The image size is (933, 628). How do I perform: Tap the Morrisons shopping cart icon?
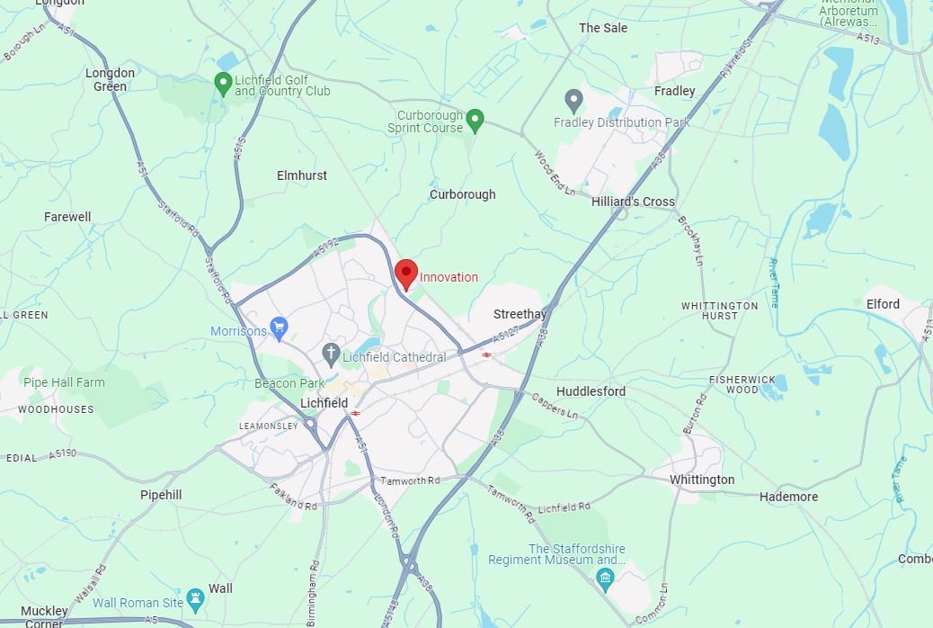click(x=279, y=328)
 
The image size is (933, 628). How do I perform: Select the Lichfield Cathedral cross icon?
click(x=331, y=354)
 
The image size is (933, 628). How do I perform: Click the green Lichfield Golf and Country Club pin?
click(x=223, y=85)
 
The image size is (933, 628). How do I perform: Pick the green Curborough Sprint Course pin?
click(x=475, y=120)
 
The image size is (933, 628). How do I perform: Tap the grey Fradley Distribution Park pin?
click(x=573, y=101)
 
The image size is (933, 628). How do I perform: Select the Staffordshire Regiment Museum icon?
click(x=606, y=577)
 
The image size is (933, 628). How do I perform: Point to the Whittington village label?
click(x=702, y=480)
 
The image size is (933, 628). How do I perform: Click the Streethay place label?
click(x=520, y=314)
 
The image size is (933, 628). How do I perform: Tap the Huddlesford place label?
click(x=591, y=391)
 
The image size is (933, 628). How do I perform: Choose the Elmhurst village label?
click(x=302, y=175)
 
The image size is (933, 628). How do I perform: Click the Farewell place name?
click(x=67, y=217)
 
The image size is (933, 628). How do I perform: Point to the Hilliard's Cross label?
click(x=633, y=202)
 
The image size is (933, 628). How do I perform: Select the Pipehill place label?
click(x=161, y=495)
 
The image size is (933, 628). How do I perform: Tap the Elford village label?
click(x=883, y=304)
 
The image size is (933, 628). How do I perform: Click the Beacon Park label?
click(x=289, y=383)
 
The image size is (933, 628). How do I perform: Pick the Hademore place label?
click(x=788, y=497)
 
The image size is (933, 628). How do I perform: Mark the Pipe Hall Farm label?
click(x=64, y=382)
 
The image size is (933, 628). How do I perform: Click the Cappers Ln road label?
click(x=555, y=406)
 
